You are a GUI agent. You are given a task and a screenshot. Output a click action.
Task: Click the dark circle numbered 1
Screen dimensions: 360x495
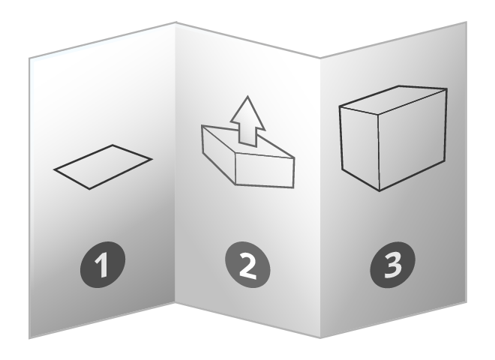(x=103, y=265)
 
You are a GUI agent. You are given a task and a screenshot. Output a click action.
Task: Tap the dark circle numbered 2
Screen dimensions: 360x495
(x=247, y=265)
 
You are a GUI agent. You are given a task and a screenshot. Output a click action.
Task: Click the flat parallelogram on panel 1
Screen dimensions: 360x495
(x=103, y=166)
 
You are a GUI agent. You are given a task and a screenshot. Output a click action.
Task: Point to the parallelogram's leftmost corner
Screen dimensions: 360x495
(x=54, y=172)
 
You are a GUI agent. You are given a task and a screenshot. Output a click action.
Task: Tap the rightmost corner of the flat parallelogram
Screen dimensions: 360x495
(x=152, y=159)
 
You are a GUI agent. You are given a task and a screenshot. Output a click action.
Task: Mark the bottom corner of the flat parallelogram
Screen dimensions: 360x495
(x=89, y=188)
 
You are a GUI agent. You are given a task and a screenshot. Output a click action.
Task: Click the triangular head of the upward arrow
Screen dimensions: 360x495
(x=244, y=112)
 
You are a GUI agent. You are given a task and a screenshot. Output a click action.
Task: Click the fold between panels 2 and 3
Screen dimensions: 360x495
(x=320, y=195)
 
